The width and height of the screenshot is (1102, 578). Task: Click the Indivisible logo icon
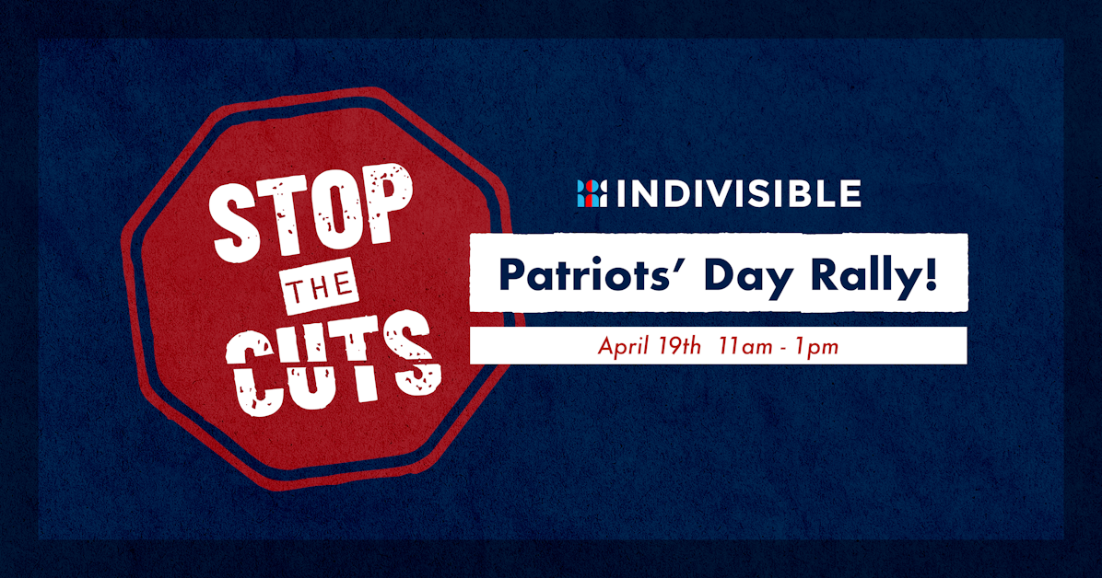pyautogui.click(x=592, y=193)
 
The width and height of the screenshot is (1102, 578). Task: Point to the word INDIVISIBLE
pyautogui.click(x=738, y=193)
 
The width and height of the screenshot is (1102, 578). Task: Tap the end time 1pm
pyautogui.click(x=815, y=347)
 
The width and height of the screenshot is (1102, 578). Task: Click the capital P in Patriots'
pyautogui.click(x=512, y=275)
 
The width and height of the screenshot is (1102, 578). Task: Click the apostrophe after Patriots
pyautogui.click(x=664, y=264)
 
